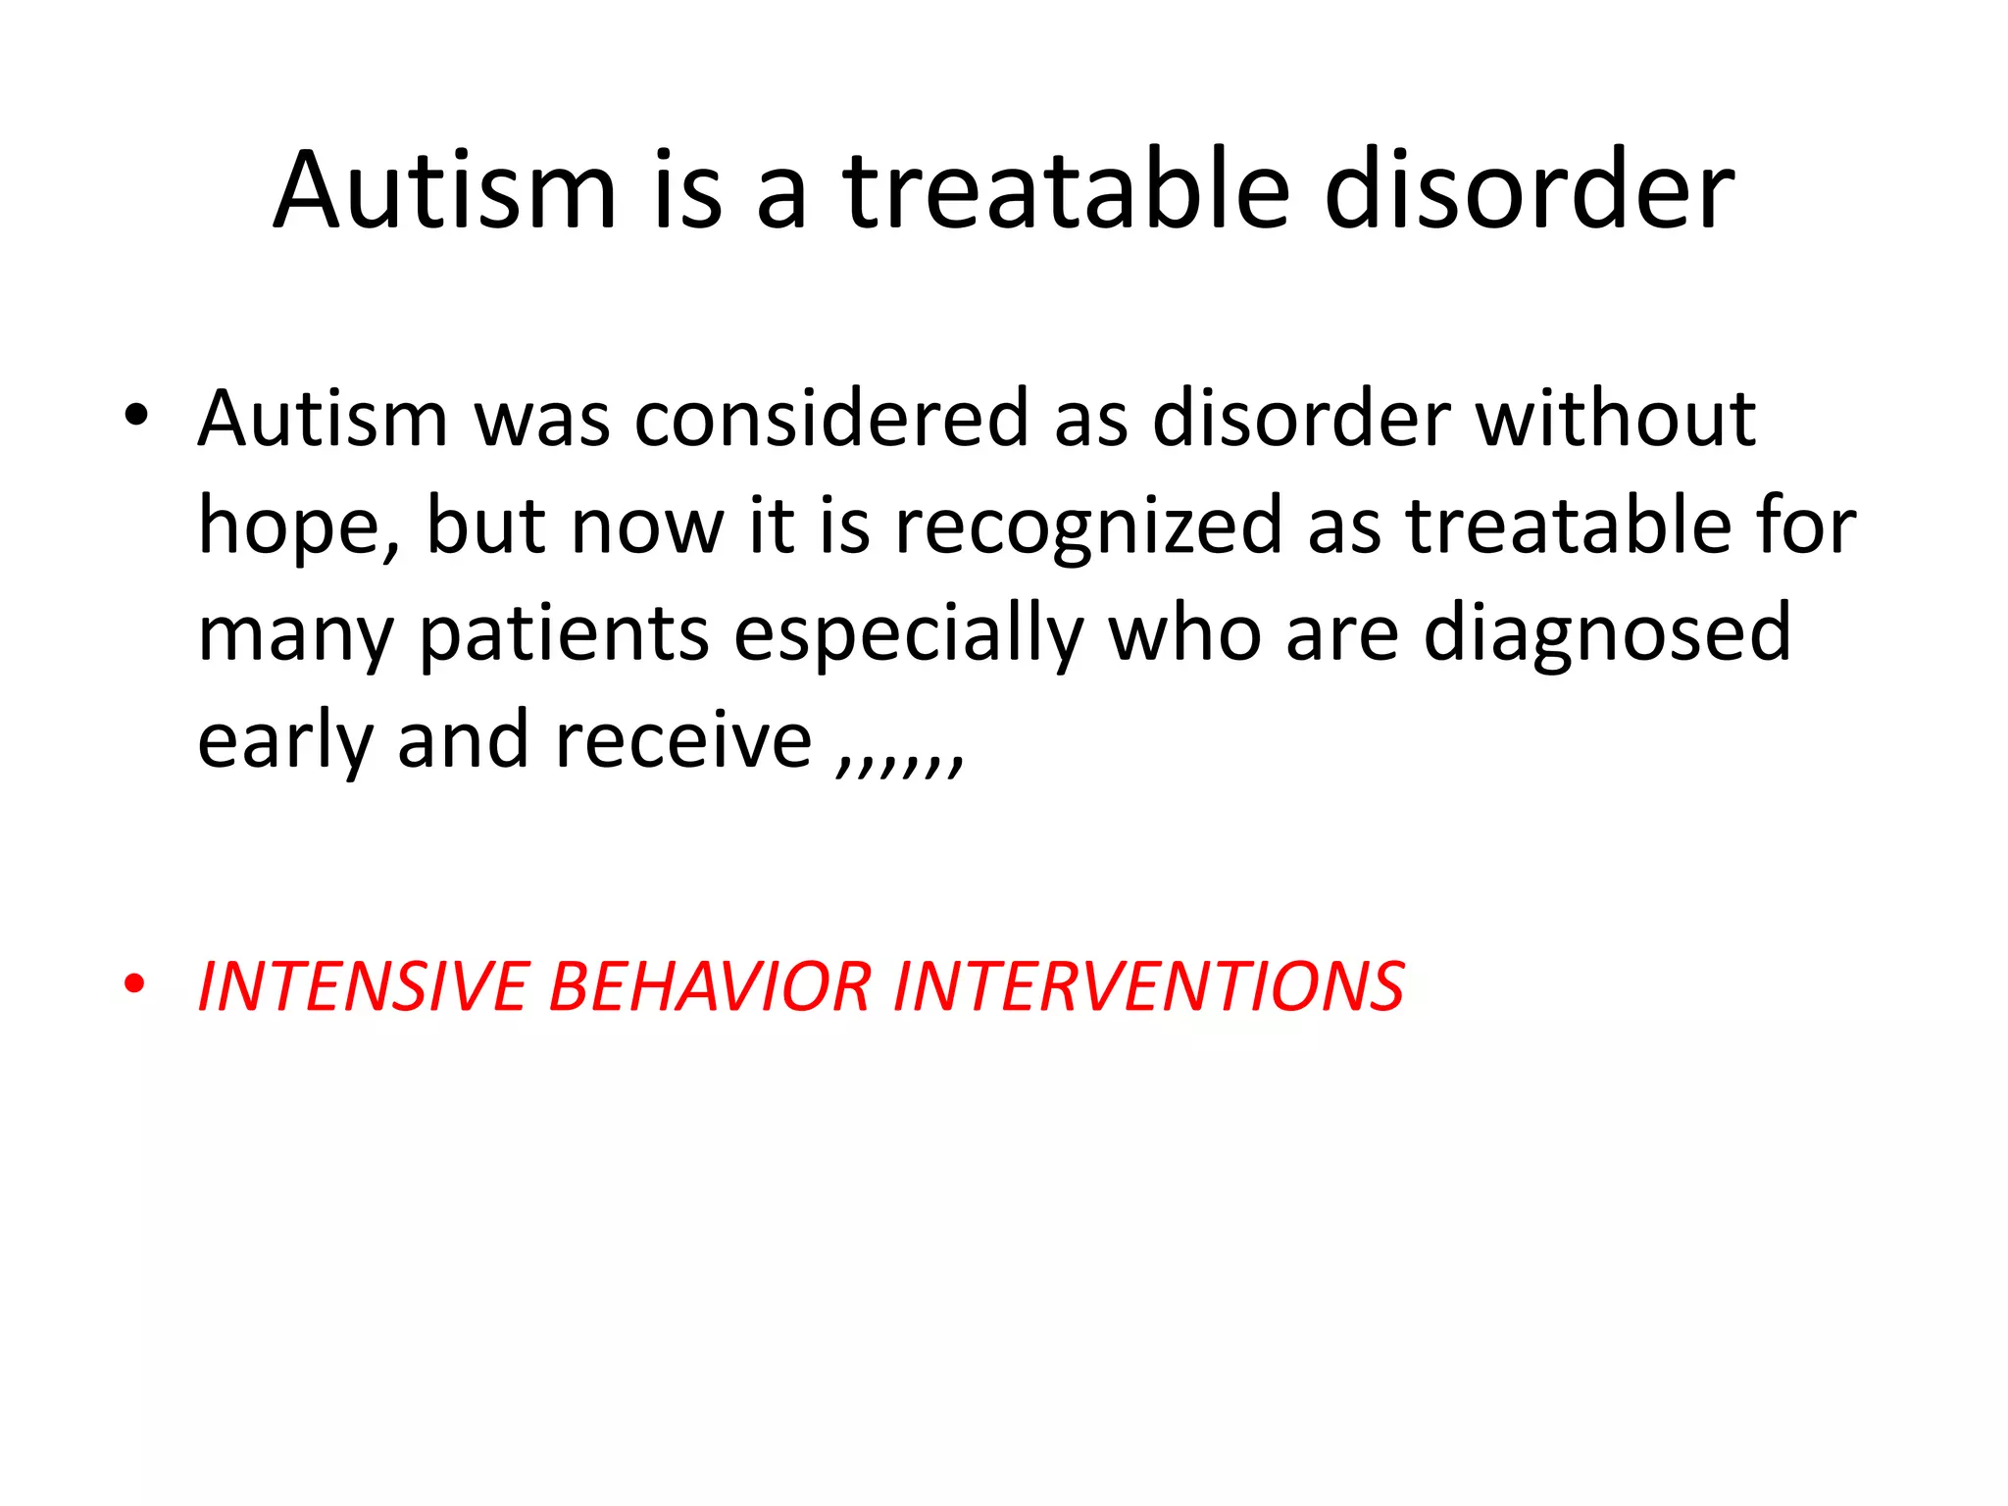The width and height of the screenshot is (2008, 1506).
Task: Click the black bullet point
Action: [x=135, y=416]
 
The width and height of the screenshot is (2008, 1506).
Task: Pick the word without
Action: [x=1616, y=420]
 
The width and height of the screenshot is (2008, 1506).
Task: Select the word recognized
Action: [x=1088, y=527]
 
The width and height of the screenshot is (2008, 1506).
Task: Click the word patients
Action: [x=564, y=635]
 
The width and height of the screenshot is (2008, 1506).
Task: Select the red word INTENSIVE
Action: [x=363, y=986]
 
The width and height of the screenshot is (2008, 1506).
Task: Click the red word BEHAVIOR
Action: [x=710, y=986]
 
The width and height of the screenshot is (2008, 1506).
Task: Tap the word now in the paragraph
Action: [x=646, y=527]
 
